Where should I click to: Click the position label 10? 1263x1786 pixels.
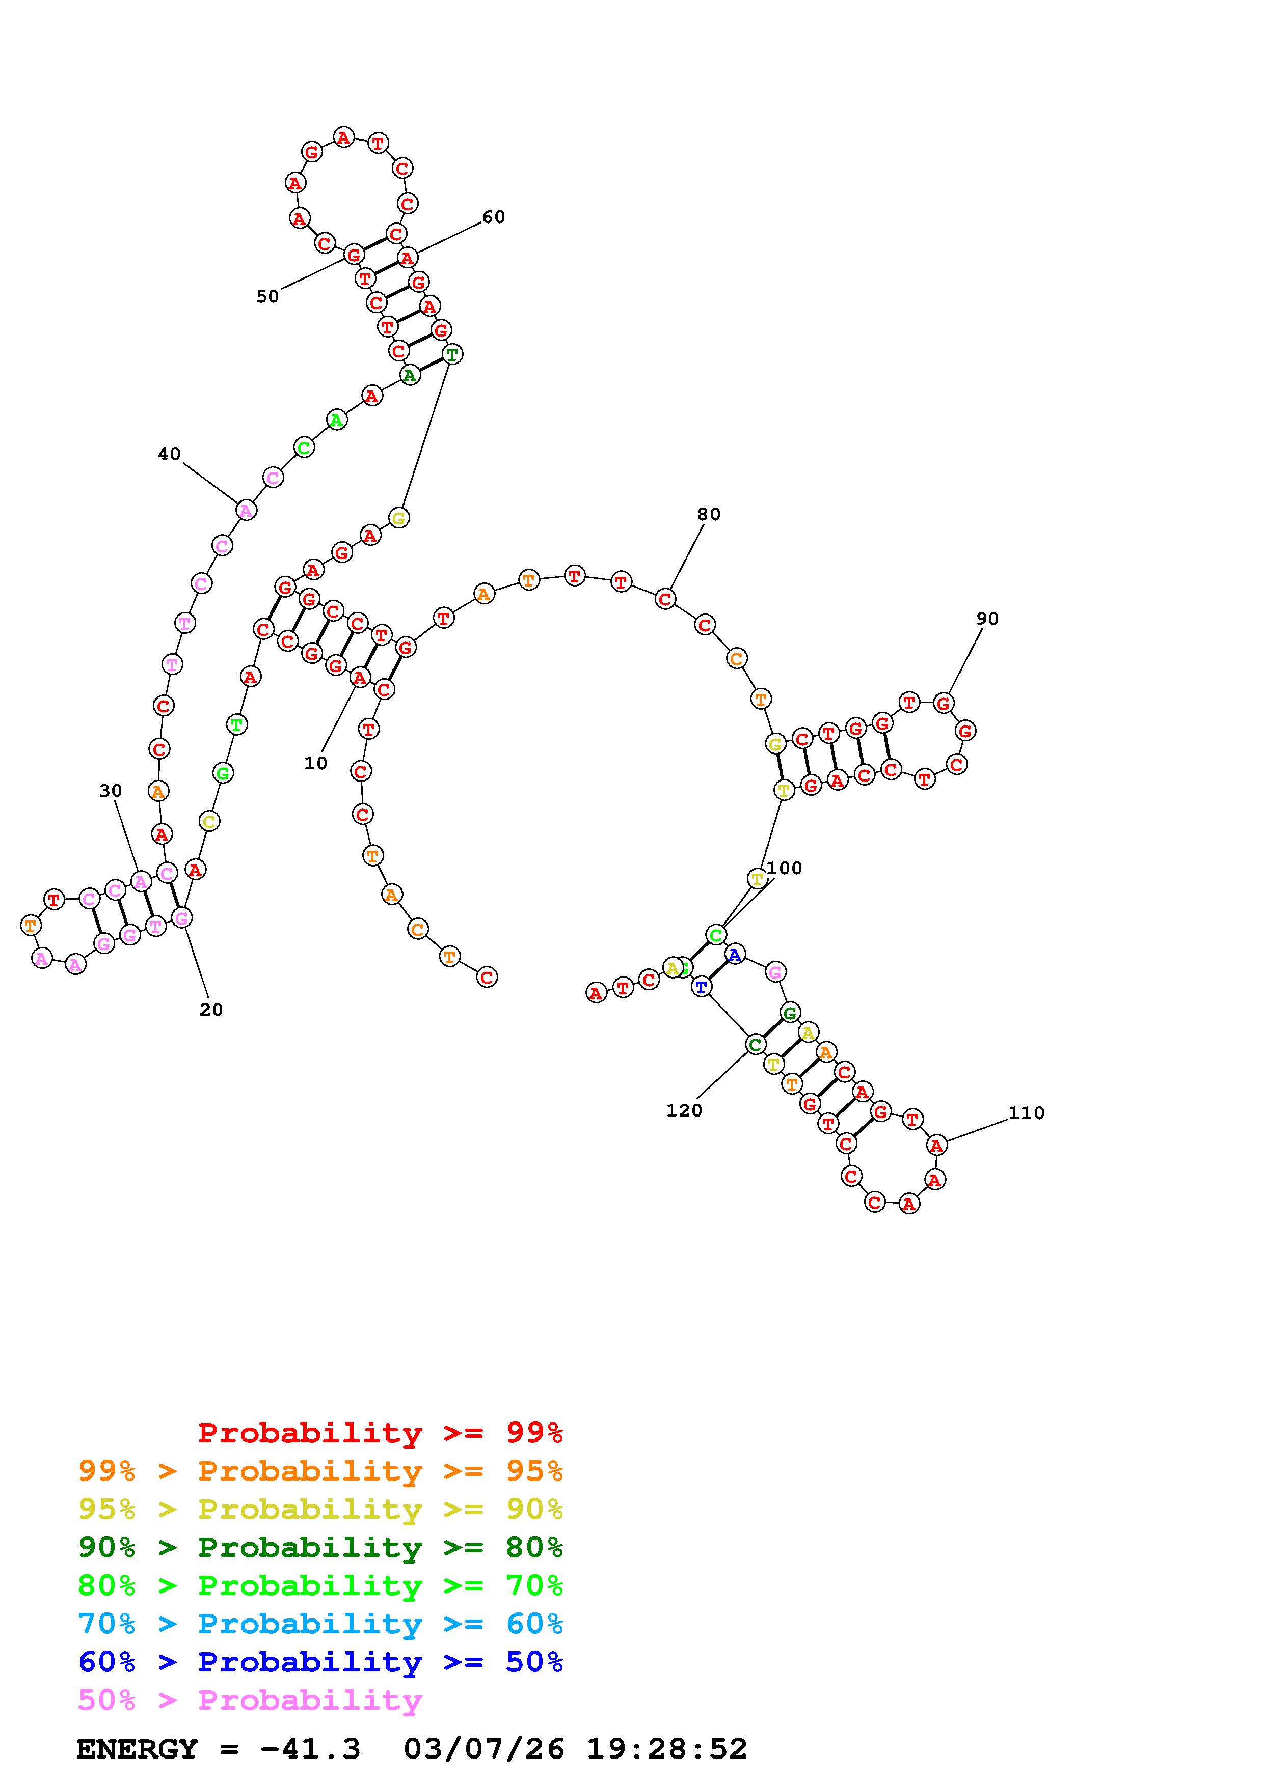[315, 763]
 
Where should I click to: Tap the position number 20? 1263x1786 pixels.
[211, 1010]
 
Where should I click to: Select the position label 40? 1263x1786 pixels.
[169, 454]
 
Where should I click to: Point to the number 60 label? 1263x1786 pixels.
[493, 217]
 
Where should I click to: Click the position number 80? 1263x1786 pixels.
[708, 514]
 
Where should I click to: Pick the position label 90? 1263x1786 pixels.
[987, 619]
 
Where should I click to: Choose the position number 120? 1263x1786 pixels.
[684, 1111]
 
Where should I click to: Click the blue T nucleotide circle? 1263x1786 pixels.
[701, 987]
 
